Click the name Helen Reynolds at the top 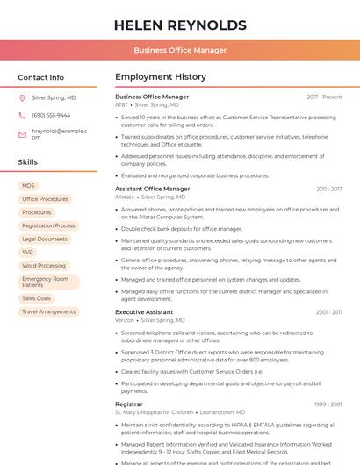point(180,25)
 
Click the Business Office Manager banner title point(180,51)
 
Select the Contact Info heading point(41,77)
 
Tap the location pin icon point(22,98)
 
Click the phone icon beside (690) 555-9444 point(22,116)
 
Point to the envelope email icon point(22,134)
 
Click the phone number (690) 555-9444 point(51,116)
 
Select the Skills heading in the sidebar point(28,162)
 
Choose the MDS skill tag point(29,186)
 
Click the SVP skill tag point(28,252)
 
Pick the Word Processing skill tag point(44,265)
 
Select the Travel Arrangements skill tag point(48,311)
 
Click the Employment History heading point(161,77)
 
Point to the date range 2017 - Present point(324,97)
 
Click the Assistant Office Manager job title point(153,189)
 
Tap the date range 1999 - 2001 point(328,404)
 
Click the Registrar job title point(129,404)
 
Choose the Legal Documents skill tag point(45,239)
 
